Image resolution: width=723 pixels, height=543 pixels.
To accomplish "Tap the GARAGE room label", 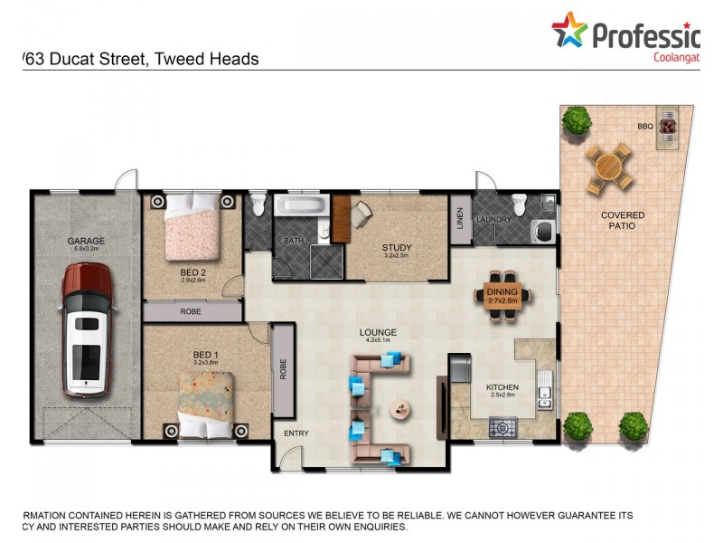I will (86, 241).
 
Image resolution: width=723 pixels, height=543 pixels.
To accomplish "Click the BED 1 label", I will (205, 354).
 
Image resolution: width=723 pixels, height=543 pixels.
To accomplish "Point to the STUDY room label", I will (396, 246).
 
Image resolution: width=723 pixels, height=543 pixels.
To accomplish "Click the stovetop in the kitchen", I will (503, 425).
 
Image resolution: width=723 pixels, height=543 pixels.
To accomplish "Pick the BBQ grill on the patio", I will (669, 128).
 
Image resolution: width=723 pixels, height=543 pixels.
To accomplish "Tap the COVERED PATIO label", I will (624, 220).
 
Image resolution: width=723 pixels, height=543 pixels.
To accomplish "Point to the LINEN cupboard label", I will (460, 219).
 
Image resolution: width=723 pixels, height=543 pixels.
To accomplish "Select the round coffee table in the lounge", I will (399, 410).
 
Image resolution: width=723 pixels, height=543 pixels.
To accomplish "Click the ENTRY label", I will (296, 433).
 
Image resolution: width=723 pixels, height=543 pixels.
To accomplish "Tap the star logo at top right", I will (570, 31).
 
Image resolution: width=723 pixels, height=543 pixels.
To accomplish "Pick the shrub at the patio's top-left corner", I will (577, 119).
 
